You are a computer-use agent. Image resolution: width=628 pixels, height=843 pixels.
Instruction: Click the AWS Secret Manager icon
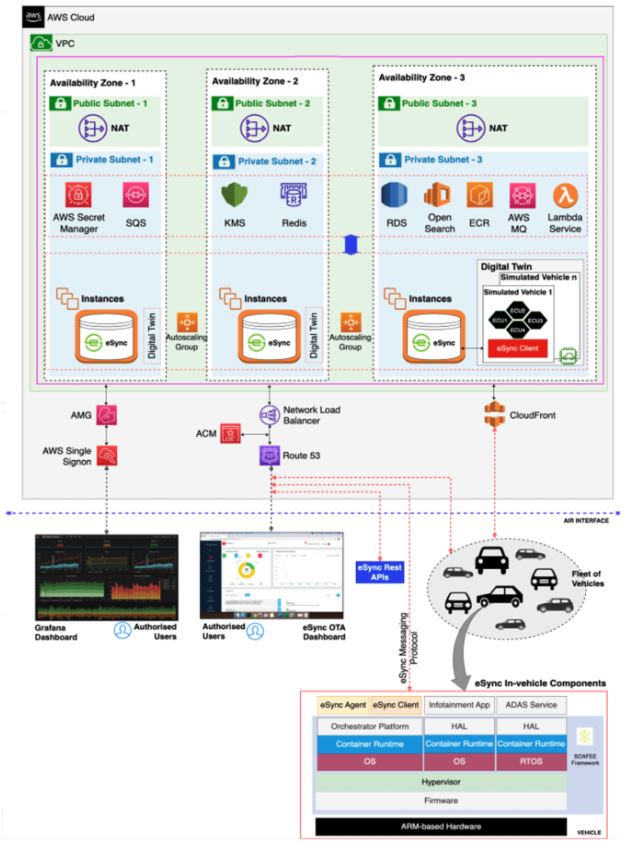click(x=78, y=195)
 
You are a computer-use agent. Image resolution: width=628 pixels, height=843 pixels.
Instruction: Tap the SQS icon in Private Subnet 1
click(x=135, y=195)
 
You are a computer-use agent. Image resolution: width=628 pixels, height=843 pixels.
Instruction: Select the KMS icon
click(x=234, y=195)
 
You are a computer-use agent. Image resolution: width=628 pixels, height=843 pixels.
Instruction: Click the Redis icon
click(x=290, y=195)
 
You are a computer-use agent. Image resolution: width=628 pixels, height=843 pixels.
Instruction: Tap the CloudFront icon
click(x=493, y=414)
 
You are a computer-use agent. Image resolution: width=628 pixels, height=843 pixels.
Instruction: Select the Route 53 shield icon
click(x=269, y=455)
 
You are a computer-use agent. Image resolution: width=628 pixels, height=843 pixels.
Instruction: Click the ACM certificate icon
click(x=230, y=434)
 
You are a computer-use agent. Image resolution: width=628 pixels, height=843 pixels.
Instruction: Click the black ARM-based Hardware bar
click(x=440, y=825)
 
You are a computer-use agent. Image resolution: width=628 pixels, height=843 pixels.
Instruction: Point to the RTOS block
click(x=531, y=762)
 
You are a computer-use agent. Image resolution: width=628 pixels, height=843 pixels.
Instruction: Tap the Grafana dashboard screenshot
click(x=105, y=577)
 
